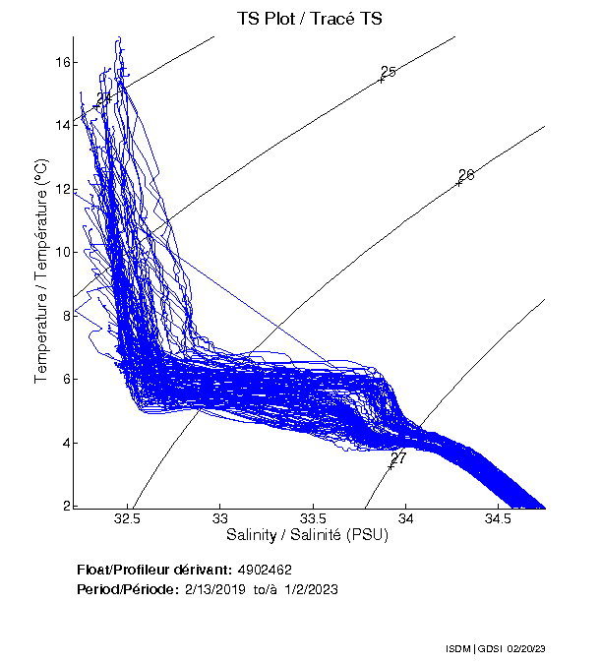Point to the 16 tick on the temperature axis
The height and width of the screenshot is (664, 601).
62,62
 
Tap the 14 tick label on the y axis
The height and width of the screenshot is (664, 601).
62,125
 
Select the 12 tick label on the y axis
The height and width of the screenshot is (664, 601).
62,189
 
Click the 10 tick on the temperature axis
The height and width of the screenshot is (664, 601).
62,252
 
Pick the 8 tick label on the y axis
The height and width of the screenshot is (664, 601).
65,316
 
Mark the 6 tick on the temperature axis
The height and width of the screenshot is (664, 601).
65,379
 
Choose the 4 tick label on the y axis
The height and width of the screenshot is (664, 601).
65,443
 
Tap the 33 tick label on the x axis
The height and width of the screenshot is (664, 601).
220,518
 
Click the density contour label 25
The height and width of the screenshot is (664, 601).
388,72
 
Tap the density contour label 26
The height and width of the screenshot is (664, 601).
466,175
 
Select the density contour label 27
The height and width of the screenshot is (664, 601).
397,458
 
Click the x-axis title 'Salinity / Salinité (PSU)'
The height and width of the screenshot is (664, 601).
307,535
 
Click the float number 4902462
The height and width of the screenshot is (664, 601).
265,570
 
